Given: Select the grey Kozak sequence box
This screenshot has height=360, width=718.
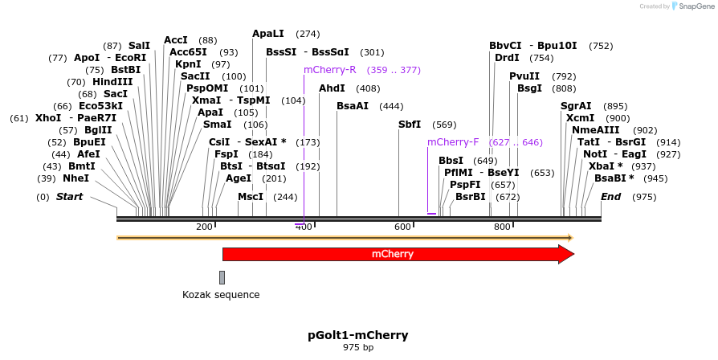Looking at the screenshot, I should pyautogui.click(x=222, y=277).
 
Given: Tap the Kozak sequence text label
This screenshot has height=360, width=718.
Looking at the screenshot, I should pyautogui.click(x=221, y=295).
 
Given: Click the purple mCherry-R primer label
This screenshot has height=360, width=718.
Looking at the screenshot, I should pyautogui.click(x=329, y=70).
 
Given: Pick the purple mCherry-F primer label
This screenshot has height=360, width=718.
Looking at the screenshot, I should pyautogui.click(x=453, y=142).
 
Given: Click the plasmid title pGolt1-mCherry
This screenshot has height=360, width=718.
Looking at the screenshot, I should pyautogui.click(x=358, y=335).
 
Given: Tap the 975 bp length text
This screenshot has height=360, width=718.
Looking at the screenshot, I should pyautogui.click(x=358, y=348).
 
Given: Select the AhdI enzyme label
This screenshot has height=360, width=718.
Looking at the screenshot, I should pyautogui.click(x=332, y=88).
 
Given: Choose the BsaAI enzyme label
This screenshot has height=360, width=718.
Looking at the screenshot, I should pyautogui.click(x=353, y=106).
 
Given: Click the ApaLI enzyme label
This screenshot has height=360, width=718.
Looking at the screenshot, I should pyautogui.click(x=267, y=34).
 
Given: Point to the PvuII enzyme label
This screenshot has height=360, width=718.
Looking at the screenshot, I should pyautogui.click(x=524, y=76).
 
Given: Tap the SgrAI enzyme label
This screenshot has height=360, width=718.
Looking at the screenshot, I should pyautogui.click(x=576, y=106).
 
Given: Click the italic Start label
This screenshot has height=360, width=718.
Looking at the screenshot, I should pyautogui.click(x=69, y=197).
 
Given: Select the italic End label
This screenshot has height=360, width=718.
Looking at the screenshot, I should pyautogui.click(x=610, y=197).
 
